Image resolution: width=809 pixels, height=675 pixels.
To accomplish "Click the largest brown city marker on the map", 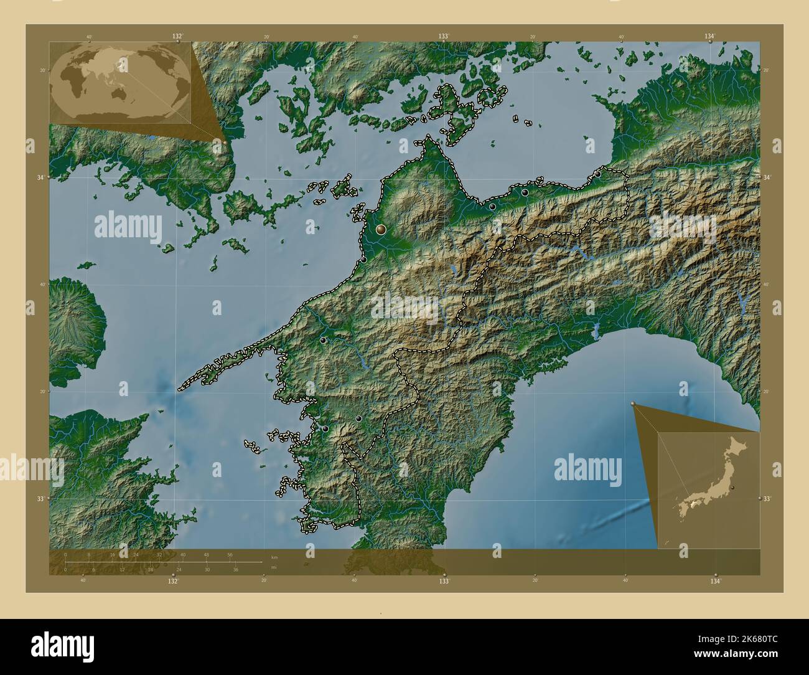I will click(381, 230).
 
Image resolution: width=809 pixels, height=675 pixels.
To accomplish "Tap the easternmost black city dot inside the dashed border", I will click(598, 174).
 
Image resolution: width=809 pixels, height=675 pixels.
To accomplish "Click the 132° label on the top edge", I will click(177, 37).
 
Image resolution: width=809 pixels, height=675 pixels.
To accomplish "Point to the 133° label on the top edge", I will click(444, 37).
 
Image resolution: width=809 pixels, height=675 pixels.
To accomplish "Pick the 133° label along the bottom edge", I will click(443, 581).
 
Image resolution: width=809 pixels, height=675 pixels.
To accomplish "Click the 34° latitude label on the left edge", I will click(40, 177).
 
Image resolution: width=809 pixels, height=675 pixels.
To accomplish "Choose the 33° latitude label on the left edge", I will click(40, 499).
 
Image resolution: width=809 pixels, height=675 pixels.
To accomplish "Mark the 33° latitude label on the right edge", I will click(767, 499).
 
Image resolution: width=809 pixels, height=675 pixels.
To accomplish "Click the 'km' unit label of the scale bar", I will click(274, 556).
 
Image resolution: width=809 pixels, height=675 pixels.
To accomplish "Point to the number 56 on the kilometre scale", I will click(230, 554).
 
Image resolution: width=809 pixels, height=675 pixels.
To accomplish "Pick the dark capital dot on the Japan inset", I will click(733, 487).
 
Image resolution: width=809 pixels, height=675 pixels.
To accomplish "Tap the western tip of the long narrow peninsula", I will click(180, 390).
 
